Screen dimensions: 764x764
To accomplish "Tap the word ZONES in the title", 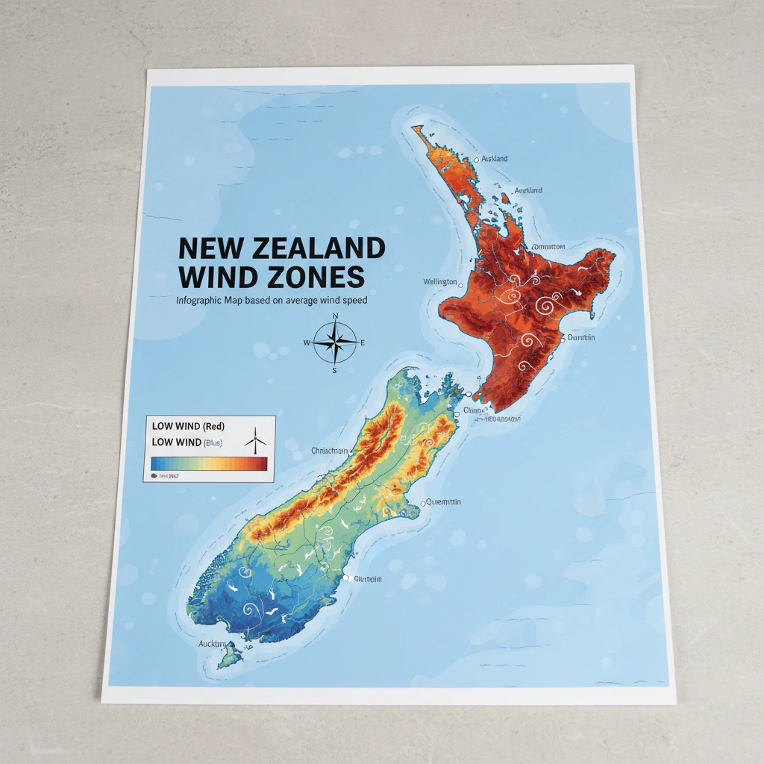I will pyautogui.click(x=316, y=277).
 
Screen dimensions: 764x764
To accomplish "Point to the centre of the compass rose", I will pyautogui.click(x=336, y=343).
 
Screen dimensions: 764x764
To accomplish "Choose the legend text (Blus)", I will pyautogui.click(x=213, y=442).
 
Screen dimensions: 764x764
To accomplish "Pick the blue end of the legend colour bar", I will pyautogui.click(x=156, y=464).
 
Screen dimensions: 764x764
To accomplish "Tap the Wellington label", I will pyautogui.click(x=439, y=282).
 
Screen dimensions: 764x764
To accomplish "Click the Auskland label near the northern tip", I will pyautogui.click(x=494, y=159).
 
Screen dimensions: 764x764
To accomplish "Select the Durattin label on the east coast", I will pyautogui.click(x=581, y=338).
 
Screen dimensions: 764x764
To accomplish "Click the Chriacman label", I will pyautogui.click(x=329, y=451).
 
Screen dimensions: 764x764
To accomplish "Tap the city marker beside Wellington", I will pyautogui.click(x=461, y=286).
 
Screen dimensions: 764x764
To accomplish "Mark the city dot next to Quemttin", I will pyautogui.click(x=423, y=504).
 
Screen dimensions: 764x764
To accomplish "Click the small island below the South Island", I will pyautogui.click(x=230, y=657).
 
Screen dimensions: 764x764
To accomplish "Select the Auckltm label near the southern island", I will pyautogui.click(x=213, y=643).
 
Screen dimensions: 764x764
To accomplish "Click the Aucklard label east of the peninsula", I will pyautogui.click(x=528, y=191).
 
